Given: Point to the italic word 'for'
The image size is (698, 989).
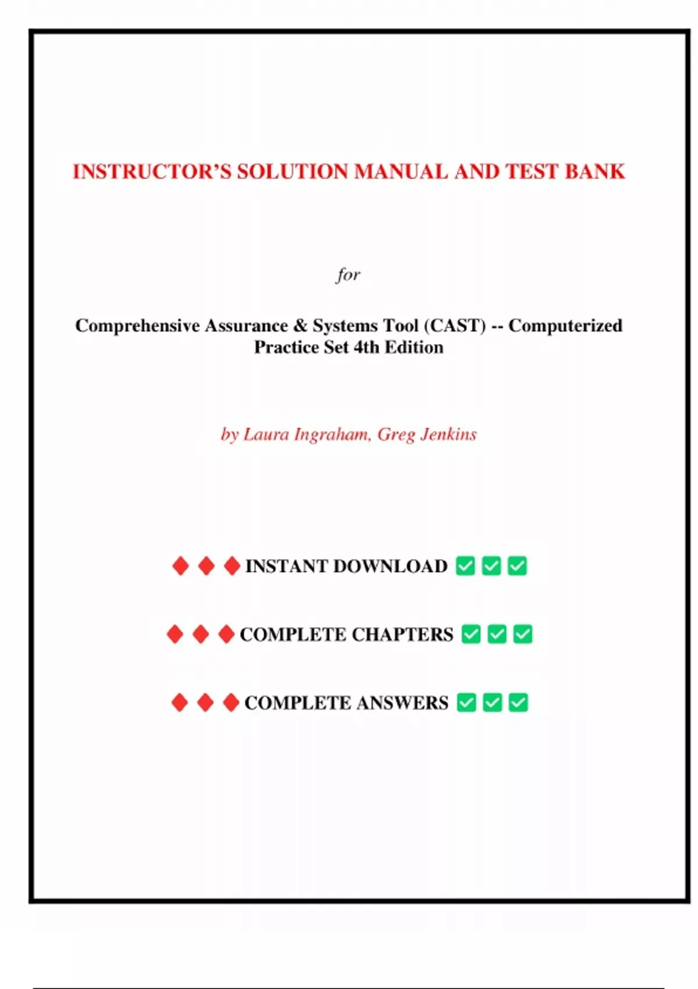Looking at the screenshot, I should [x=348, y=274].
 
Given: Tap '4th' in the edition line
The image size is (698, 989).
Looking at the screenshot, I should [x=366, y=347].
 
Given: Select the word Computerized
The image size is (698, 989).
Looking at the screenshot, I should [x=565, y=325].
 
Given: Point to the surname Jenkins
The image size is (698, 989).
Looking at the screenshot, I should [x=448, y=435].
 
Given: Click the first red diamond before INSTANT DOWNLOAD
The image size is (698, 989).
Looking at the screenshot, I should [x=180, y=565].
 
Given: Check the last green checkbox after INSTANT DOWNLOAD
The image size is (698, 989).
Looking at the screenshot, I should [x=517, y=565].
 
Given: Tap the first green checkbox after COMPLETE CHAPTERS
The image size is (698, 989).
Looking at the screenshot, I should [x=471, y=634].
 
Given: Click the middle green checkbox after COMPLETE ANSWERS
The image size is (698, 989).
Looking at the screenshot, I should [x=492, y=703].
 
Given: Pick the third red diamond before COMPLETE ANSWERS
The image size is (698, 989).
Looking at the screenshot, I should [x=231, y=703].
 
